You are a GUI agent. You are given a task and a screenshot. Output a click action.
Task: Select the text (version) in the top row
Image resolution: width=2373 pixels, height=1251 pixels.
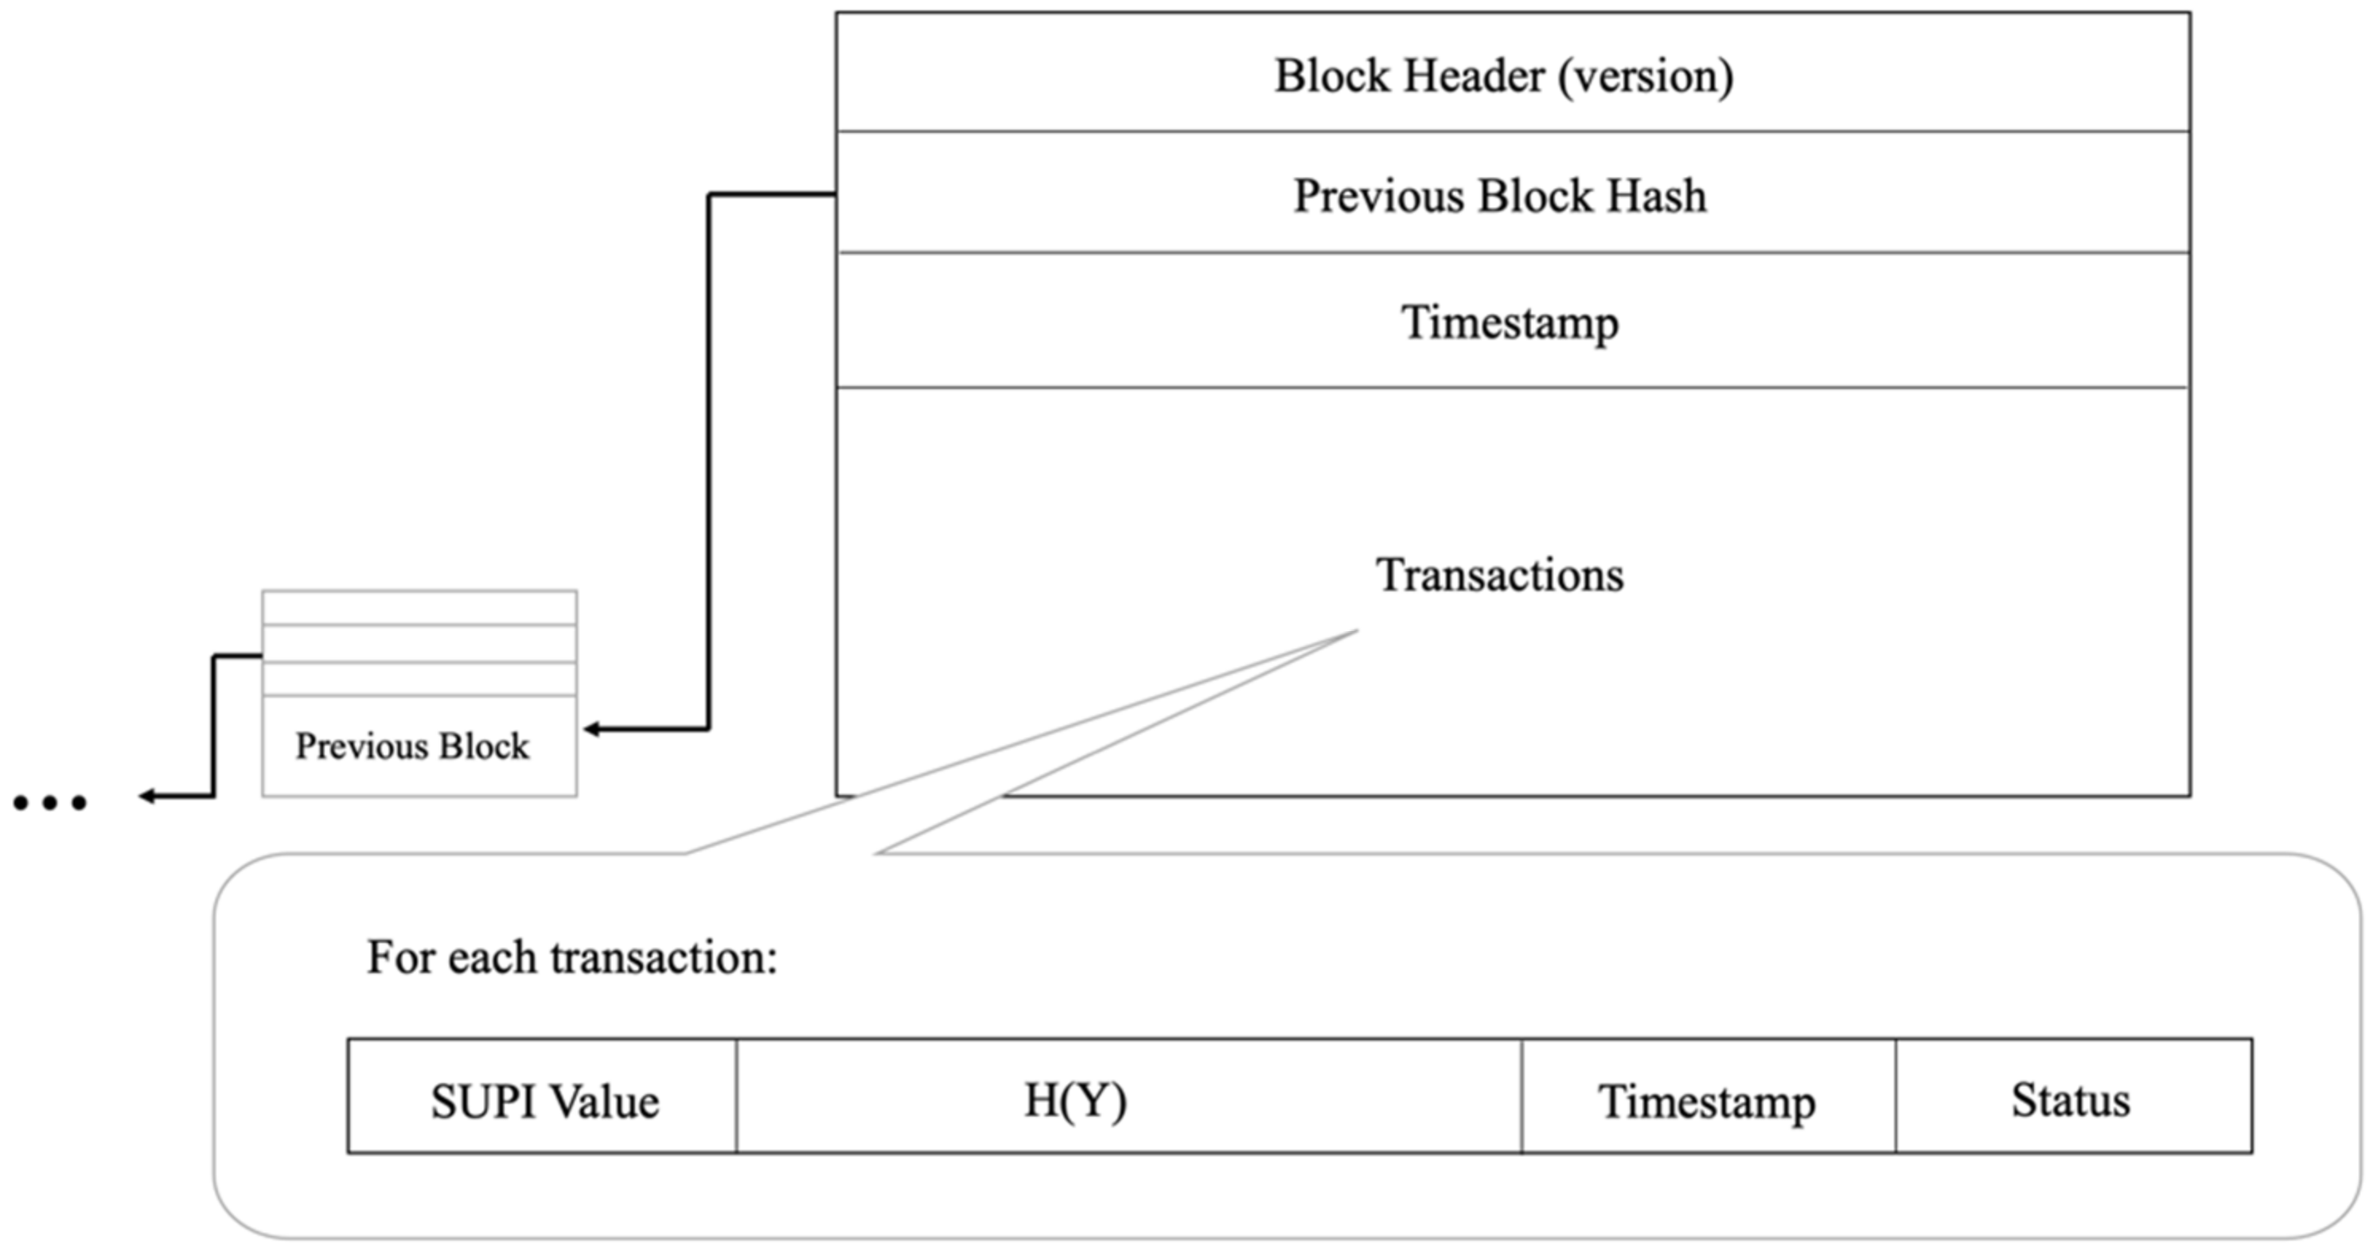click(x=1645, y=76)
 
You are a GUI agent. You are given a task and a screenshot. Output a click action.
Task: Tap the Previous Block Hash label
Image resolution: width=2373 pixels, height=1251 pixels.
click(x=1500, y=195)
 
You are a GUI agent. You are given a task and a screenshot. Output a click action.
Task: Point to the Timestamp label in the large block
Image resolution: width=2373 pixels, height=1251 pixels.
click(x=1510, y=322)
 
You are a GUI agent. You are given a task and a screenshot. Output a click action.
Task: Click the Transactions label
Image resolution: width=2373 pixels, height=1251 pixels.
click(x=1500, y=575)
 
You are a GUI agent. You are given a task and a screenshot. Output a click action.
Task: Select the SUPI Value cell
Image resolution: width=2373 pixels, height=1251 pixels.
click(x=544, y=1101)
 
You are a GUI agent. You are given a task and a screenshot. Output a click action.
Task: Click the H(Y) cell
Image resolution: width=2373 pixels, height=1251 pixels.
click(x=1075, y=1099)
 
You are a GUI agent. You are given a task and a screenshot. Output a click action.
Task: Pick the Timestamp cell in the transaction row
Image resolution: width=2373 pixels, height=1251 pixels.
click(x=1707, y=1101)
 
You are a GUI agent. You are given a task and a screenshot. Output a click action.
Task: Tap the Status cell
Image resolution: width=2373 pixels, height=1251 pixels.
click(x=2070, y=1099)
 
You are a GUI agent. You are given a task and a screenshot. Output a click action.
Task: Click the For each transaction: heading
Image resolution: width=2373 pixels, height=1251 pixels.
click(x=572, y=957)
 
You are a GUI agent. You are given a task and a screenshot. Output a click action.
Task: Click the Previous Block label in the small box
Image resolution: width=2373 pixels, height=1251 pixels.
click(x=411, y=746)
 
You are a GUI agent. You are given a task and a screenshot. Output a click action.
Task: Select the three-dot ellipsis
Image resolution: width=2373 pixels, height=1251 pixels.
click(x=50, y=803)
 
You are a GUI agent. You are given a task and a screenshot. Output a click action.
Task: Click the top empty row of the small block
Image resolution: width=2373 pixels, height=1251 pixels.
click(x=419, y=608)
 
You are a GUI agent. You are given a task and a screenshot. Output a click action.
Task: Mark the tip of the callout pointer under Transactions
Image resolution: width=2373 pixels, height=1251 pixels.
click(x=1356, y=632)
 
